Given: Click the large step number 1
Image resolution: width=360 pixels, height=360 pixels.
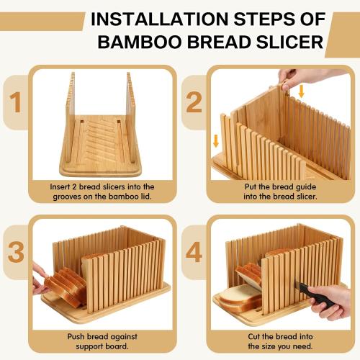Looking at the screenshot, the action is click(16, 103).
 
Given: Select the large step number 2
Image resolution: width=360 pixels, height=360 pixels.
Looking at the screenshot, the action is click(194, 103).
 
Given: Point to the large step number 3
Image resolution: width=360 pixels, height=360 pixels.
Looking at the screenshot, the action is click(16, 252).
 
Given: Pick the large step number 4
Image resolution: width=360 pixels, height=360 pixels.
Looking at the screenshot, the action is click(194, 252).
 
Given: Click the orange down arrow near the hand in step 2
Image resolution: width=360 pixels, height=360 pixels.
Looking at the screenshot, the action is click(302, 91).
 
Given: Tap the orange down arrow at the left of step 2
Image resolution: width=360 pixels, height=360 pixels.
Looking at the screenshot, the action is click(216, 141).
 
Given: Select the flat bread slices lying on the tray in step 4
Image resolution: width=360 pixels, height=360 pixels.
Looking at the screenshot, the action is click(240, 299).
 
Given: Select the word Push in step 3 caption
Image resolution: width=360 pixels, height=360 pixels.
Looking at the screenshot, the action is click(76, 336).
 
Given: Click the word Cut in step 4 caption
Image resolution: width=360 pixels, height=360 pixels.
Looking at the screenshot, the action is click(254, 336).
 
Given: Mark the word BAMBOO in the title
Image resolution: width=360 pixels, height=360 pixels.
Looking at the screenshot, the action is click(140, 42).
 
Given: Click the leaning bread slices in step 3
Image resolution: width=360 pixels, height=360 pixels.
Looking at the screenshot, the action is click(66, 287).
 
